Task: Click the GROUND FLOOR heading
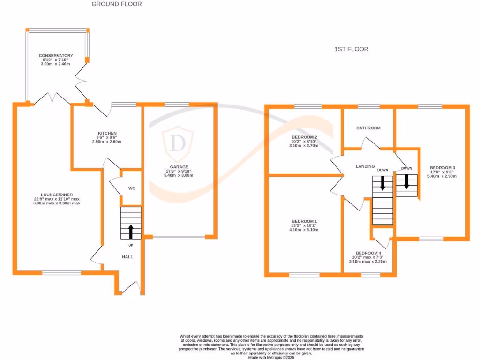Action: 116,4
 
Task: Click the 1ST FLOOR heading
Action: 351,49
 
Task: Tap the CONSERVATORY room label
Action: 56,56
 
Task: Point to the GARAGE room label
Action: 179,167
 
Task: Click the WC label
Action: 132,188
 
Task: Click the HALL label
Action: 127,257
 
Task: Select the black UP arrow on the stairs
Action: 131,231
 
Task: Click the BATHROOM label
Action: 368,128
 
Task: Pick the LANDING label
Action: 365,166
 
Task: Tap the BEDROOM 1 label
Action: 304,221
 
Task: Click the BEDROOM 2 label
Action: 304,137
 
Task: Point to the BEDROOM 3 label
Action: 442,168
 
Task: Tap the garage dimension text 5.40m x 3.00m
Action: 179,175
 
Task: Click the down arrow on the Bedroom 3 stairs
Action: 406,181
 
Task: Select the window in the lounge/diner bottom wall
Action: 61,272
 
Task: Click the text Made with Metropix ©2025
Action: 271,357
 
